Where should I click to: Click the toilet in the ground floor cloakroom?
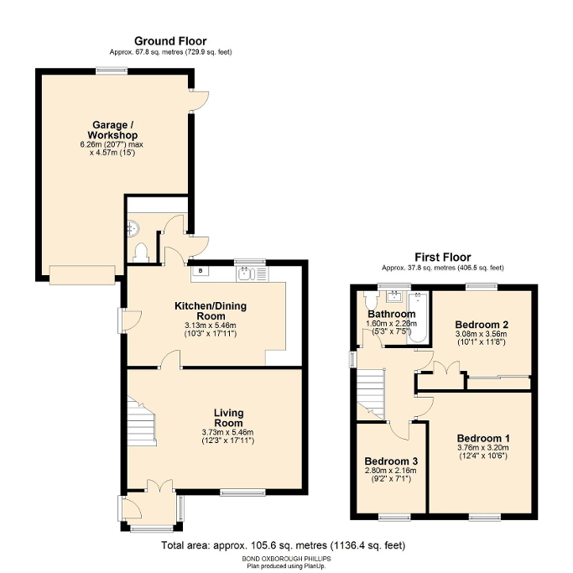pyautogui.click(x=140, y=251)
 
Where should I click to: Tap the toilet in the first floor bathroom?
pyautogui.click(x=370, y=300)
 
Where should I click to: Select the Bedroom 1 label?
pyautogui.click(x=483, y=438)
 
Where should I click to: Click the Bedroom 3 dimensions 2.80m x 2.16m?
pyautogui.click(x=391, y=471)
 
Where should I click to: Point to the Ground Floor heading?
pyautogui.click(x=170, y=40)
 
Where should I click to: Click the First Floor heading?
pyautogui.click(x=442, y=257)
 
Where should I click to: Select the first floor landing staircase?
pyautogui.click(x=370, y=390)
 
